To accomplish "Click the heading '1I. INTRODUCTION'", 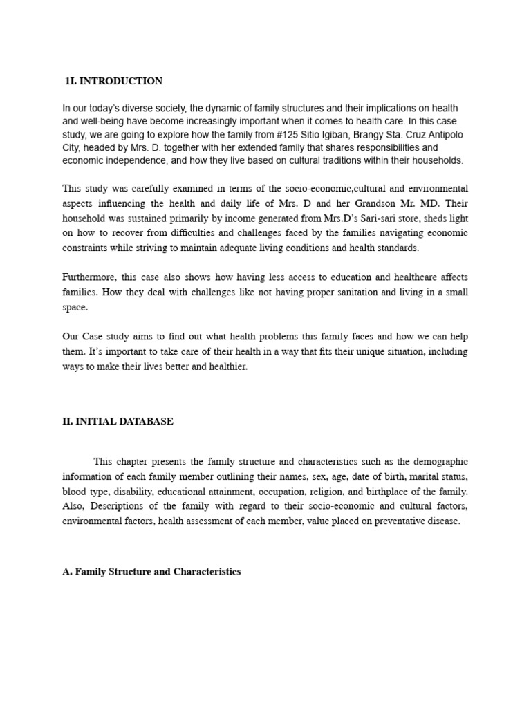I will pos(113,81).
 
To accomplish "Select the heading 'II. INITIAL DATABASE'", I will pos(118,422).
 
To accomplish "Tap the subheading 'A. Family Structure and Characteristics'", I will pos(151,572).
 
